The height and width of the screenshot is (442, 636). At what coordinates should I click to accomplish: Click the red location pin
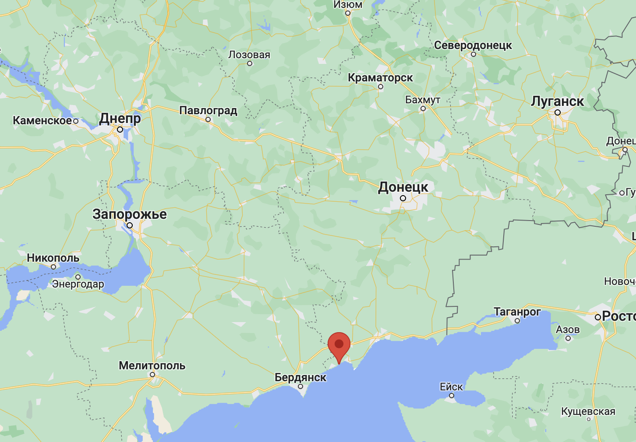339,345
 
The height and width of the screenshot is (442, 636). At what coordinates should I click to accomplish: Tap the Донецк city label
403,187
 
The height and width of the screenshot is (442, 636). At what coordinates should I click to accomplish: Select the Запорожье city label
130,214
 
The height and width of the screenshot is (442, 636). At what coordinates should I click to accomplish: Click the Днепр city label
120,118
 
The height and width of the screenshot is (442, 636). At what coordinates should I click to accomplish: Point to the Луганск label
557,101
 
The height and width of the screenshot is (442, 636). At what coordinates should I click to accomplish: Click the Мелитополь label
152,365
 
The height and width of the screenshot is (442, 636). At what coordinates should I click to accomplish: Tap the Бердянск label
300,377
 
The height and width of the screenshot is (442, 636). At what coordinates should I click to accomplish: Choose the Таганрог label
517,312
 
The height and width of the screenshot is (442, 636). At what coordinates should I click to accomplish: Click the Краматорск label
380,77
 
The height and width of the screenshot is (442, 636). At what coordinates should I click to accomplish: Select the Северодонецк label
473,45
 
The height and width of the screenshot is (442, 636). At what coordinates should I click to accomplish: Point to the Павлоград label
208,110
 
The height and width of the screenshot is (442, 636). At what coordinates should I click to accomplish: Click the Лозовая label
249,55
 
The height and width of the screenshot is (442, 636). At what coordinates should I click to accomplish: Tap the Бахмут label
423,100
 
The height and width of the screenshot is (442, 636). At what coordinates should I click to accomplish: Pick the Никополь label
53,258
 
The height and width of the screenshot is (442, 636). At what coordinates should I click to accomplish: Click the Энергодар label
78,284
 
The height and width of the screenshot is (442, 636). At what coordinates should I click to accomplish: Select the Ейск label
451,387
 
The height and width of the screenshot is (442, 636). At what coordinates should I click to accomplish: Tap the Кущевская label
588,411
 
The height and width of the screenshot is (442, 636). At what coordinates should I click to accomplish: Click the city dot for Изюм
348,13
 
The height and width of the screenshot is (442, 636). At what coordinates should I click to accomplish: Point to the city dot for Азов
568,338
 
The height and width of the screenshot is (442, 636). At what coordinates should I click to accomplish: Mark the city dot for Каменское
76,121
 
